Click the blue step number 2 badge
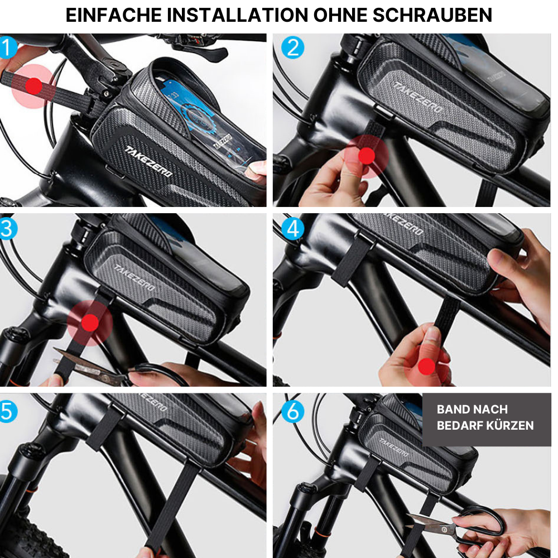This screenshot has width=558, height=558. coord(292,47)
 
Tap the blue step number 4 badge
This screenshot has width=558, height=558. coord(292,229)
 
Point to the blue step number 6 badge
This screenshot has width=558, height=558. coord(292,411)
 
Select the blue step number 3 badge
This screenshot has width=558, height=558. coord(7,228)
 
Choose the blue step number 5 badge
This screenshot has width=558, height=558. coord(7,411)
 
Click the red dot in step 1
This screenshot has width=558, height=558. coord(33,86)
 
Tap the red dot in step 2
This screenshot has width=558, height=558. coord(367,156)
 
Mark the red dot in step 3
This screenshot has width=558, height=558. coord(90,323)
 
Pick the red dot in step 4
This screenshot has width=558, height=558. coord(426,366)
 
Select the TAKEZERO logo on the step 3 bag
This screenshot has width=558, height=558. coord(134,277)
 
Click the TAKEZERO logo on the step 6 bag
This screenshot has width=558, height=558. coord(393,448)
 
